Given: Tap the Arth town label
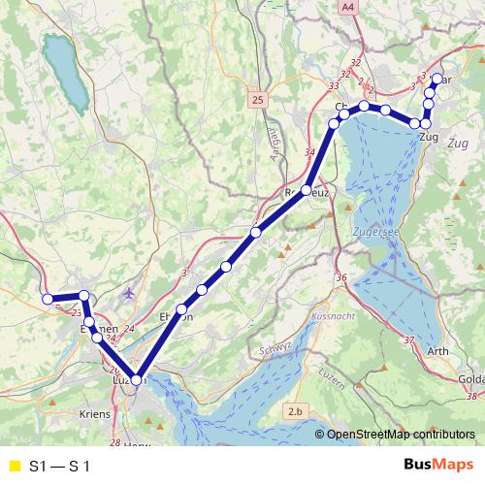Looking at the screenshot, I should (437, 351).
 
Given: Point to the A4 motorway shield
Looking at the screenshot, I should (348, 8).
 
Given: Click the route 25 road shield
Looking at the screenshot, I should (256, 99).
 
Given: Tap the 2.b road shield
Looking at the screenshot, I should (296, 413).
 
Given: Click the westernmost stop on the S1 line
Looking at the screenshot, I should (47, 300).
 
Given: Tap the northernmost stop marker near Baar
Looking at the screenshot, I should (436, 80).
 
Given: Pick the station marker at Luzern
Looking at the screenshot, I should (137, 381).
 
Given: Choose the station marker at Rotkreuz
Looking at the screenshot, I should (306, 191).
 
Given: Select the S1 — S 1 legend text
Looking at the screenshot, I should (60, 467).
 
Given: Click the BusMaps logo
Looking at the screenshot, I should (437, 466).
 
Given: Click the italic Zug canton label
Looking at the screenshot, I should (460, 143).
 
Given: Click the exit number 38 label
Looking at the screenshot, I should (472, 396).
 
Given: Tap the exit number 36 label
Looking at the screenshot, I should (341, 278).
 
